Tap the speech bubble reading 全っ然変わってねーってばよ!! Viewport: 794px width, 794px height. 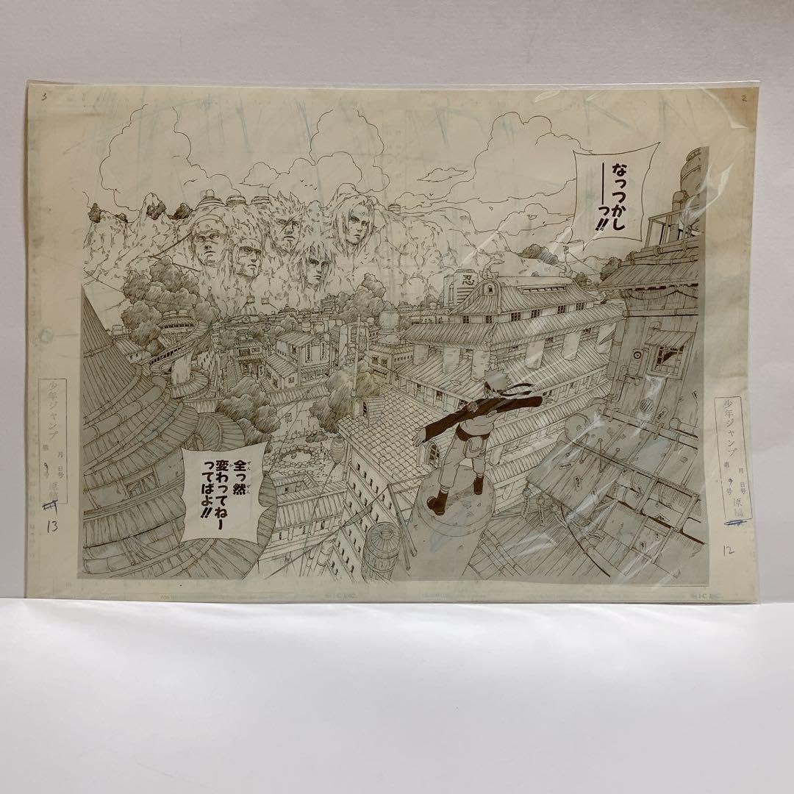point(221,491)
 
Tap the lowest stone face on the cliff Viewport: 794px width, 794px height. point(313,265)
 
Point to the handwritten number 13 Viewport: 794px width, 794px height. point(51,526)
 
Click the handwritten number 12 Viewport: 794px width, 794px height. point(729,547)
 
